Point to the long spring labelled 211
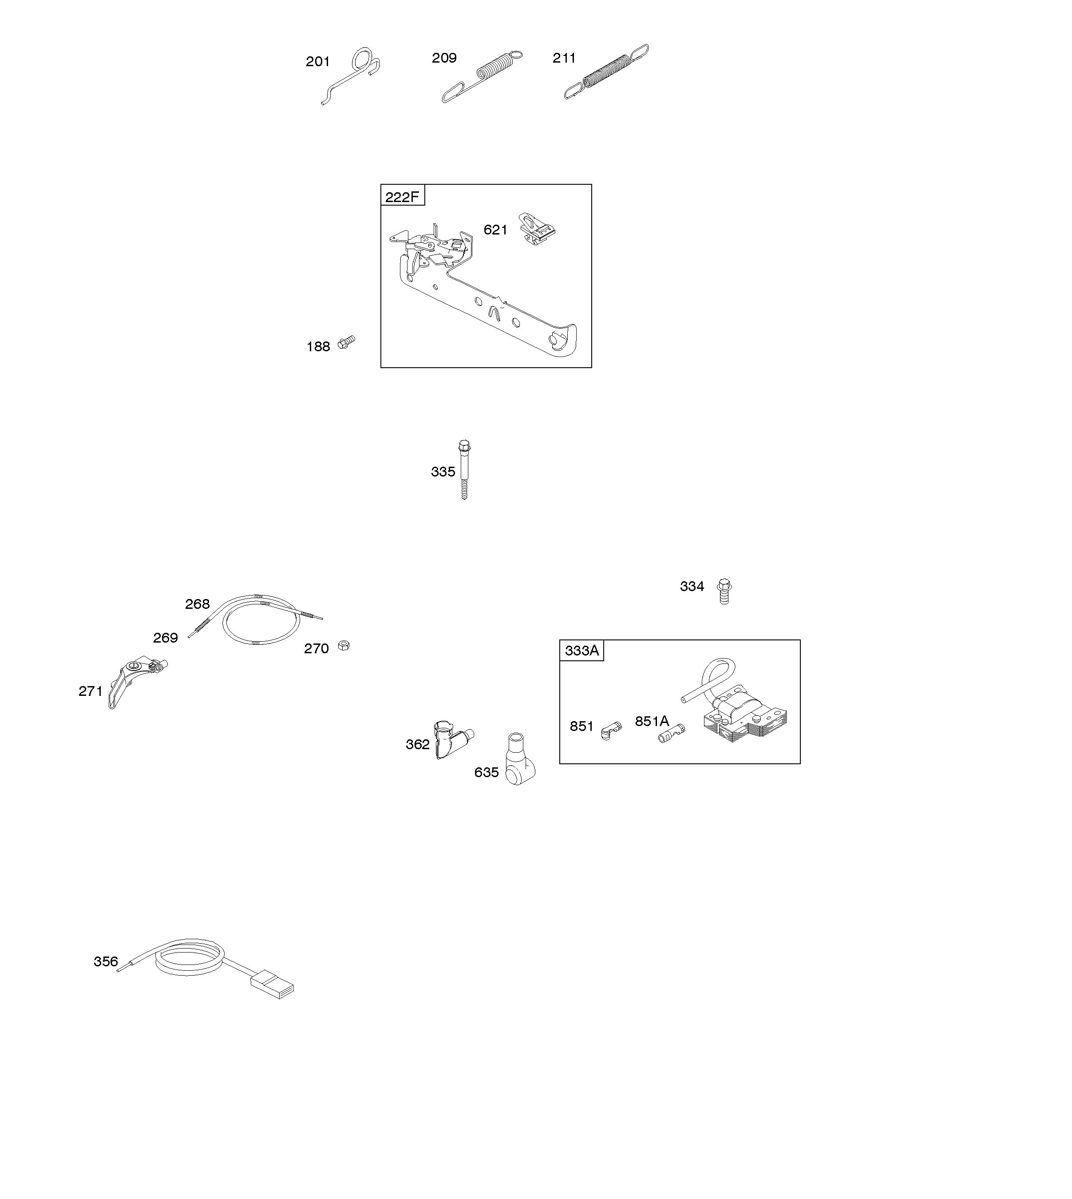(x=607, y=72)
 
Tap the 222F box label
(x=402, y=197)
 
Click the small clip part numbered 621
(x=537, y=229)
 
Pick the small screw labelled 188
(x=346, y=342)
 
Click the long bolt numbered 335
(x=464, y=469)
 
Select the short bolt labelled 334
(x=724, y=592)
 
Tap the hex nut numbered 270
(x=344, y=646)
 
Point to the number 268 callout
(x=198, y=604)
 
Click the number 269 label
(x=166, y=638)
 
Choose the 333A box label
(x=581, y=651)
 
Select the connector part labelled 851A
(x=672, y=733)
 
